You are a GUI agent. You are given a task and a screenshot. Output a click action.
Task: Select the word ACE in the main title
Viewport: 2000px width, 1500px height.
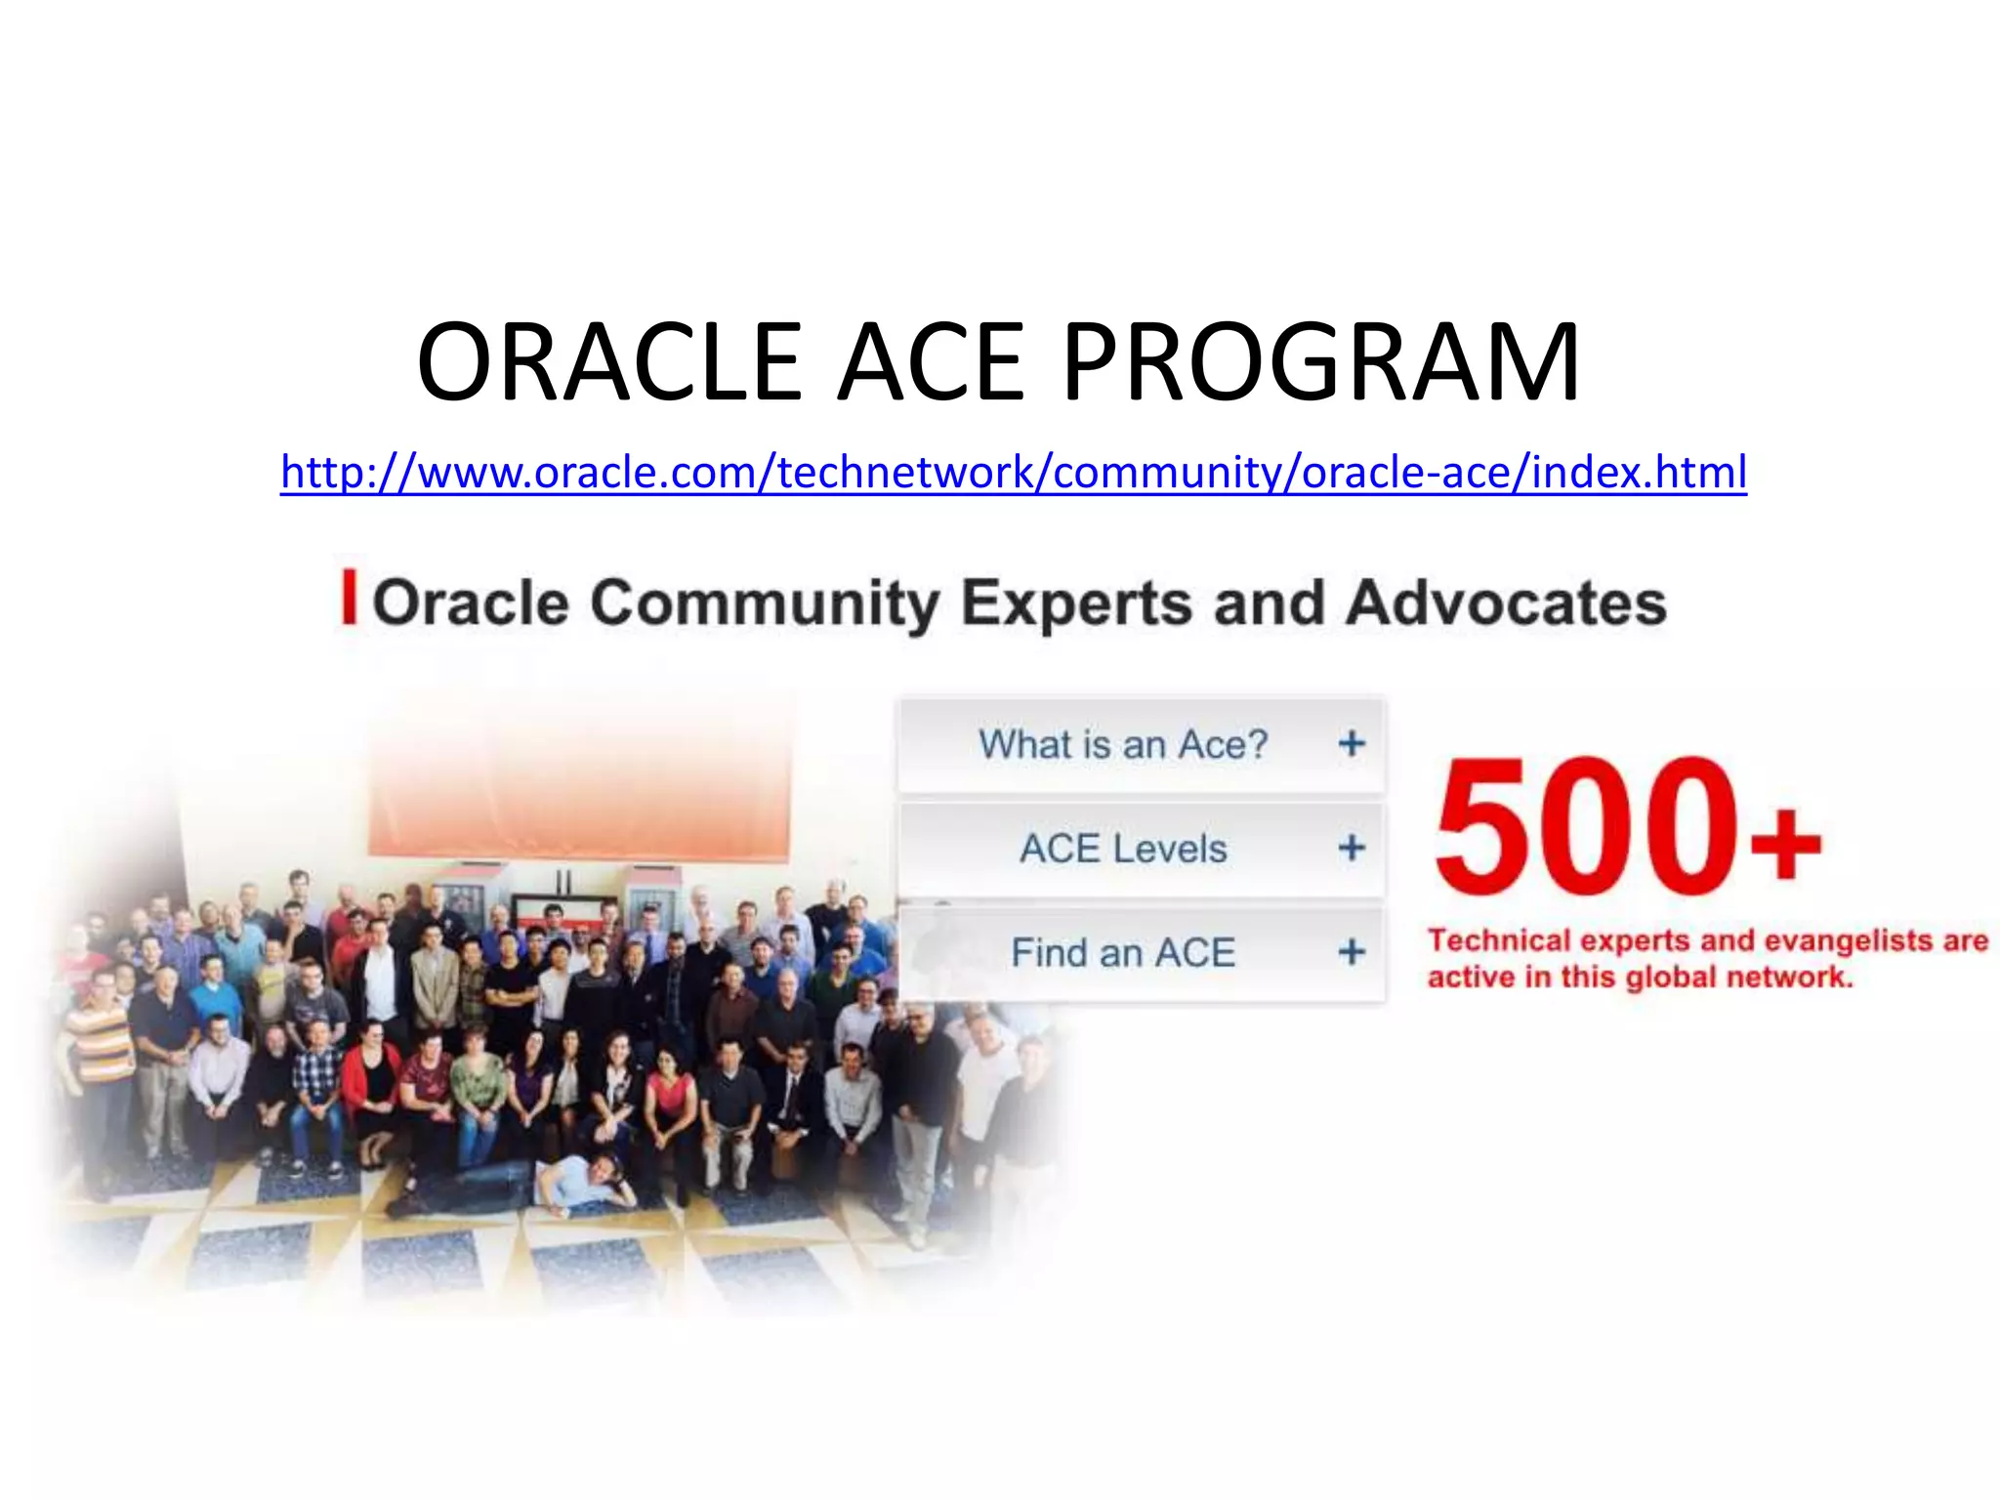tap(932, 362)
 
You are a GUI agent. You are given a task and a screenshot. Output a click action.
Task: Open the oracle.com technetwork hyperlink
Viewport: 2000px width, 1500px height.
tap(1013, 472)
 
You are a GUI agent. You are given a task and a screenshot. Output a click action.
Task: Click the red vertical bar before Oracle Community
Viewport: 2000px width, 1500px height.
tap(349, 598)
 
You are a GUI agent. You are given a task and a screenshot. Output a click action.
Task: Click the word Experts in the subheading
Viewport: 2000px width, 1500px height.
tap(1076, 604)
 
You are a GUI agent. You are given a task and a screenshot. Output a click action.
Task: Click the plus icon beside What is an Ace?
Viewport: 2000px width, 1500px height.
tap(1352, 744)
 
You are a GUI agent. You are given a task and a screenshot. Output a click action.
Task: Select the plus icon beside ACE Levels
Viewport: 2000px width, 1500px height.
tap(1352, 848)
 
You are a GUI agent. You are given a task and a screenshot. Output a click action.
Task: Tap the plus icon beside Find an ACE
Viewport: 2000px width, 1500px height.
tap(1352, 951)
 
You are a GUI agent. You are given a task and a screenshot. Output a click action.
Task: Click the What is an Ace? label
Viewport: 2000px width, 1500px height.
tap(1123, 744)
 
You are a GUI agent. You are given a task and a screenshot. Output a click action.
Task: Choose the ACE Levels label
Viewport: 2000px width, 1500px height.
tap(1123, 848)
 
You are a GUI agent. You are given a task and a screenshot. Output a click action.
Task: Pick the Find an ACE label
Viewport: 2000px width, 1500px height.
tap(1123, 952)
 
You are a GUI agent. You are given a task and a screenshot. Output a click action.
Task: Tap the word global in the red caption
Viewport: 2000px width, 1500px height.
tap(1668, 977)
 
